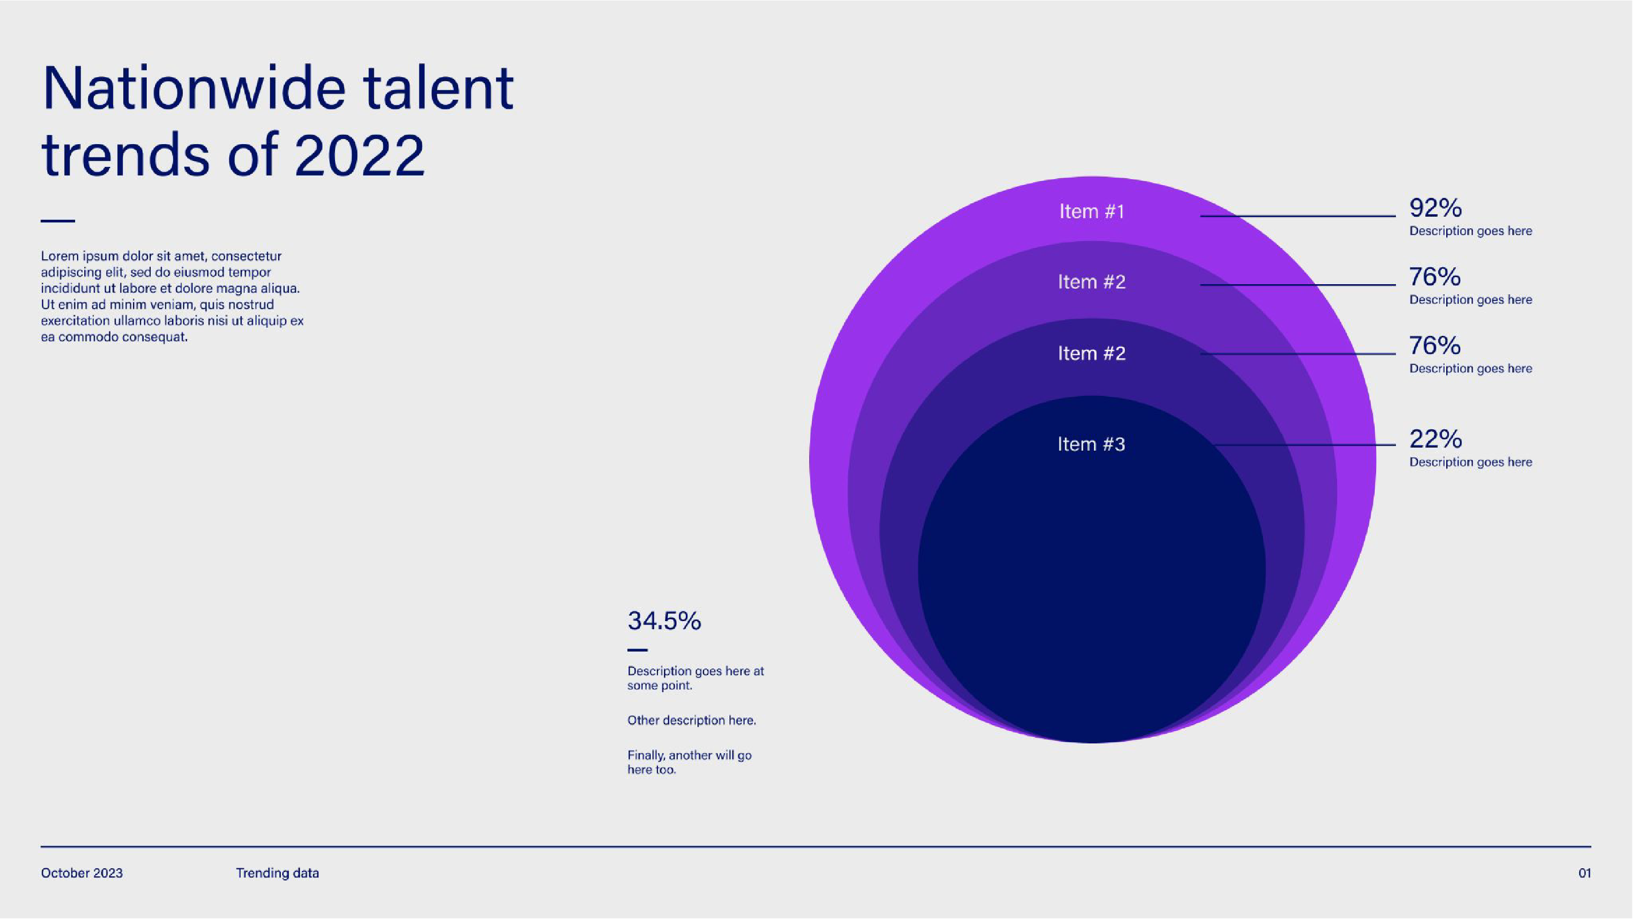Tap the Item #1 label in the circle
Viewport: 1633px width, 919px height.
coord(1091,211)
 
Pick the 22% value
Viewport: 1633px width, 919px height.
coord(1435,438)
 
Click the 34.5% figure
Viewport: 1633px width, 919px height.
coord(664,621)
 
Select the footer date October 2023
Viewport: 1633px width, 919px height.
coord(82,873)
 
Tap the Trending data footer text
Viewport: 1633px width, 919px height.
coord(278,873)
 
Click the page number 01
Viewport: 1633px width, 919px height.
coord(1584,873)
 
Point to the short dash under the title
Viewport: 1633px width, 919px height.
coord(58,221)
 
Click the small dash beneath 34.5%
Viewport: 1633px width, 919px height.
coord(637,650)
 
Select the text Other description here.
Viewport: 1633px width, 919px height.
coord(691,720)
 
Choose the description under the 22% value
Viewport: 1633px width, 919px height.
coord(1471,462)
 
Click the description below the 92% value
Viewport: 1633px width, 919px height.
coord(1471,231)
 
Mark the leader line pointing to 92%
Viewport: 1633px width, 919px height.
coord(1297,216)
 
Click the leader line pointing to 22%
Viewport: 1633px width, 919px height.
coord(1306,445)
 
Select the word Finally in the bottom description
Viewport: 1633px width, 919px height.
coord(646,755)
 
